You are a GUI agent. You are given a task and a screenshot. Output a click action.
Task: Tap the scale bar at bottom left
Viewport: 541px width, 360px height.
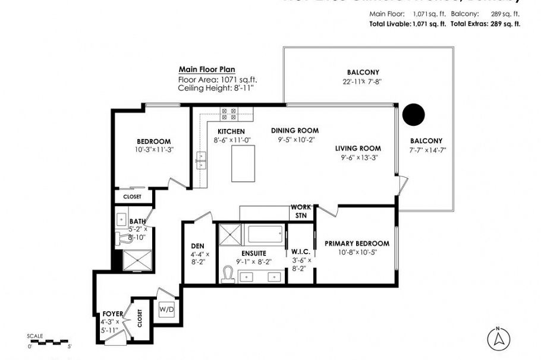[x=49, y=342]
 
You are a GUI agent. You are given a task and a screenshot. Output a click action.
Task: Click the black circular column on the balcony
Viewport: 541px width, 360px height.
[x=413, y=113]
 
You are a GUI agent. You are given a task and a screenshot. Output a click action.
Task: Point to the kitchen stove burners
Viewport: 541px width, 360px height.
[x=228, y=113]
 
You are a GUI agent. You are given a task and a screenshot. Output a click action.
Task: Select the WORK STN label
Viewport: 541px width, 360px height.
[x=299, y=211]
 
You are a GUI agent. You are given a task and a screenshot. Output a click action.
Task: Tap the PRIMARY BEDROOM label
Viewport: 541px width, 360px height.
[x=357, y=244]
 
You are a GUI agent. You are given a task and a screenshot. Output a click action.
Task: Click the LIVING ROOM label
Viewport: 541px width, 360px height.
[x=357, y=149]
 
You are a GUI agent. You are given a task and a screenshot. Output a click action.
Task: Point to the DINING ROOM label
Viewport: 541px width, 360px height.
[x=295, y=131]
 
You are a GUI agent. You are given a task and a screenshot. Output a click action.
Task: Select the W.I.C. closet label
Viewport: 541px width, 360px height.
[x=298, y=251]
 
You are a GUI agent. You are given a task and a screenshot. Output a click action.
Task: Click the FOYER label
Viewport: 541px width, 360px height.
[x=112, y=314]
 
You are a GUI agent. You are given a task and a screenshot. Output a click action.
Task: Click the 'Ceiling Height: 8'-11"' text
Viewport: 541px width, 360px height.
[x=218, y=88]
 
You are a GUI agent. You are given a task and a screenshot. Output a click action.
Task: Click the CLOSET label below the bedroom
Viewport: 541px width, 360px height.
[x=132, y=197]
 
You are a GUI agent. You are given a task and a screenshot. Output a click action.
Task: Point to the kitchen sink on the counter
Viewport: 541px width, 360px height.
[x=200, y=159]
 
